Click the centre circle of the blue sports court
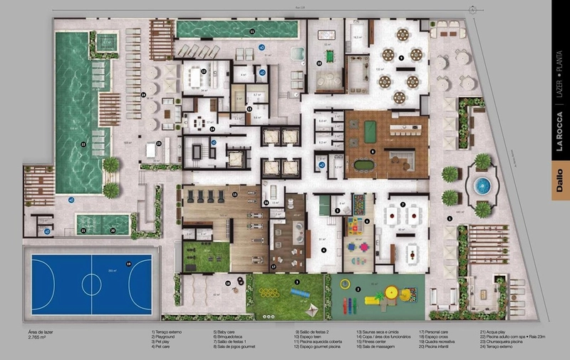pos(90,282)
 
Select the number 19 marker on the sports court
pos(128,264)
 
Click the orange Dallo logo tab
pos(560,174)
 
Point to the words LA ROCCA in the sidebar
pos(560,136)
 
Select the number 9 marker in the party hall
pos(400,57)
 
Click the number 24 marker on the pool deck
pos(142,94)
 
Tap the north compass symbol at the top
pos(472,8)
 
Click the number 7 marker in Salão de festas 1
pos(403,205)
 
